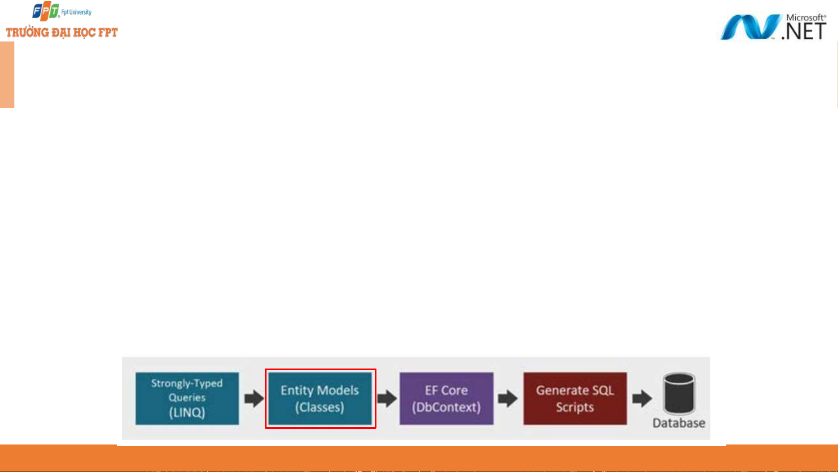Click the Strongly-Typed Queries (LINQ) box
pos(187,398)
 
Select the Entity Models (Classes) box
pos(320,398)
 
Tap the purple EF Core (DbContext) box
pos(446,398)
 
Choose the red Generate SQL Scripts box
pos(575,398)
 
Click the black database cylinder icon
pos(679,393)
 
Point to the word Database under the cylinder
pos(679,423)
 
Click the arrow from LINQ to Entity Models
pos(254,398)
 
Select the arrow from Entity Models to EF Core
pos(387,398)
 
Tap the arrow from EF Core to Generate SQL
pos(508,398)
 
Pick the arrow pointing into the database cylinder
pos(642,398)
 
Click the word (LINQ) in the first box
pos(187,413)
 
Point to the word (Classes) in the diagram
pos(320,407)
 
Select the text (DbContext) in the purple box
pos(446,407)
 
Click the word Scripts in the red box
pos(575,407)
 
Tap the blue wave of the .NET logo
pos(749,27)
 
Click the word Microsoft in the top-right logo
pos(805,17)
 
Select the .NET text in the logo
pos(804,31)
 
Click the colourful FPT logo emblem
pos(46,11)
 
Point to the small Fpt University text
pos(76,12)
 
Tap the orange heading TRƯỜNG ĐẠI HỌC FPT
pos(62,33)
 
